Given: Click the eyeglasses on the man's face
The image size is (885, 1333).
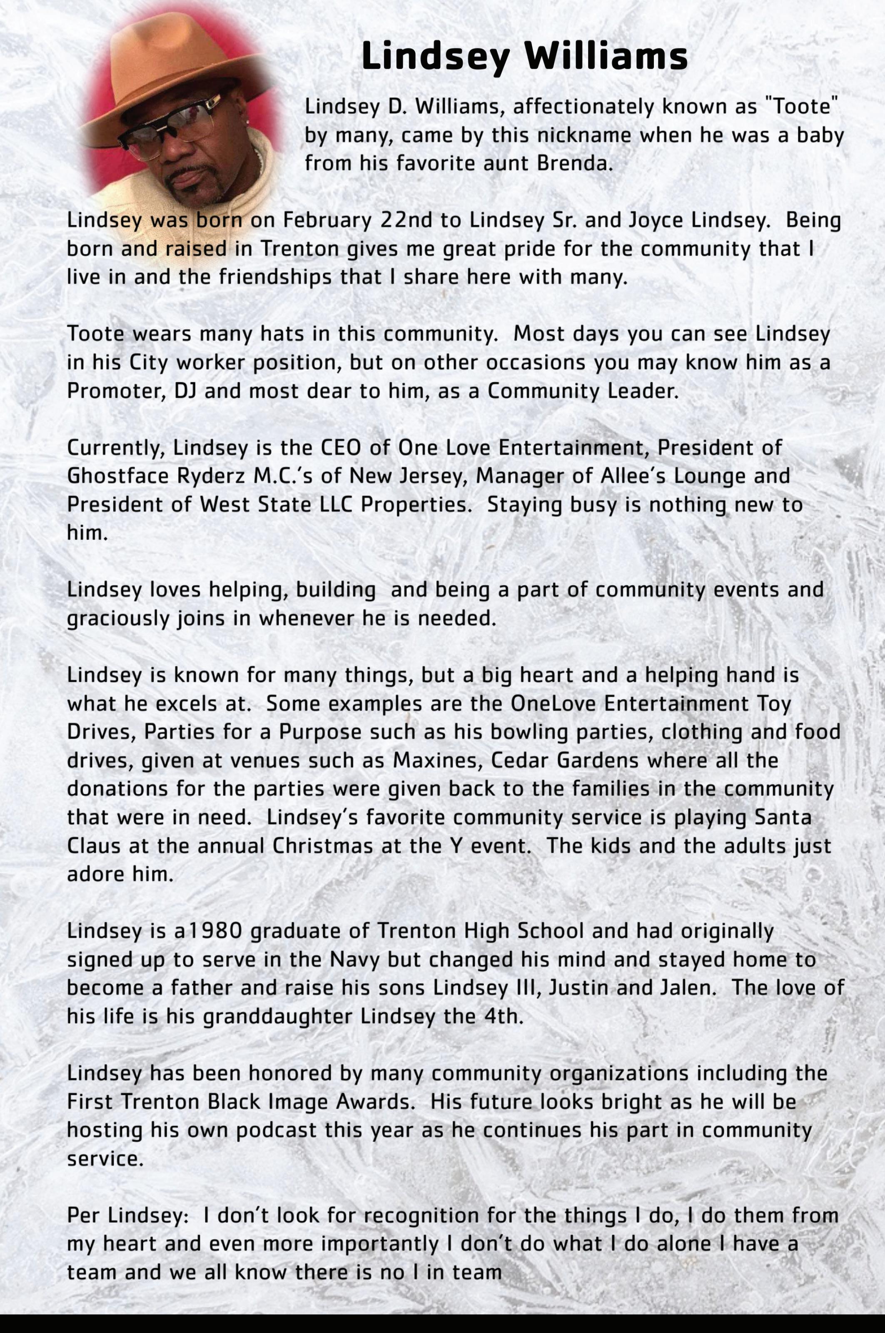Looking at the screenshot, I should [170, 125].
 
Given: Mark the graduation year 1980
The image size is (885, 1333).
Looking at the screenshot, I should [214, 931].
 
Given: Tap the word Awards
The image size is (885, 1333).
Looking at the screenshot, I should [375, 1102].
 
